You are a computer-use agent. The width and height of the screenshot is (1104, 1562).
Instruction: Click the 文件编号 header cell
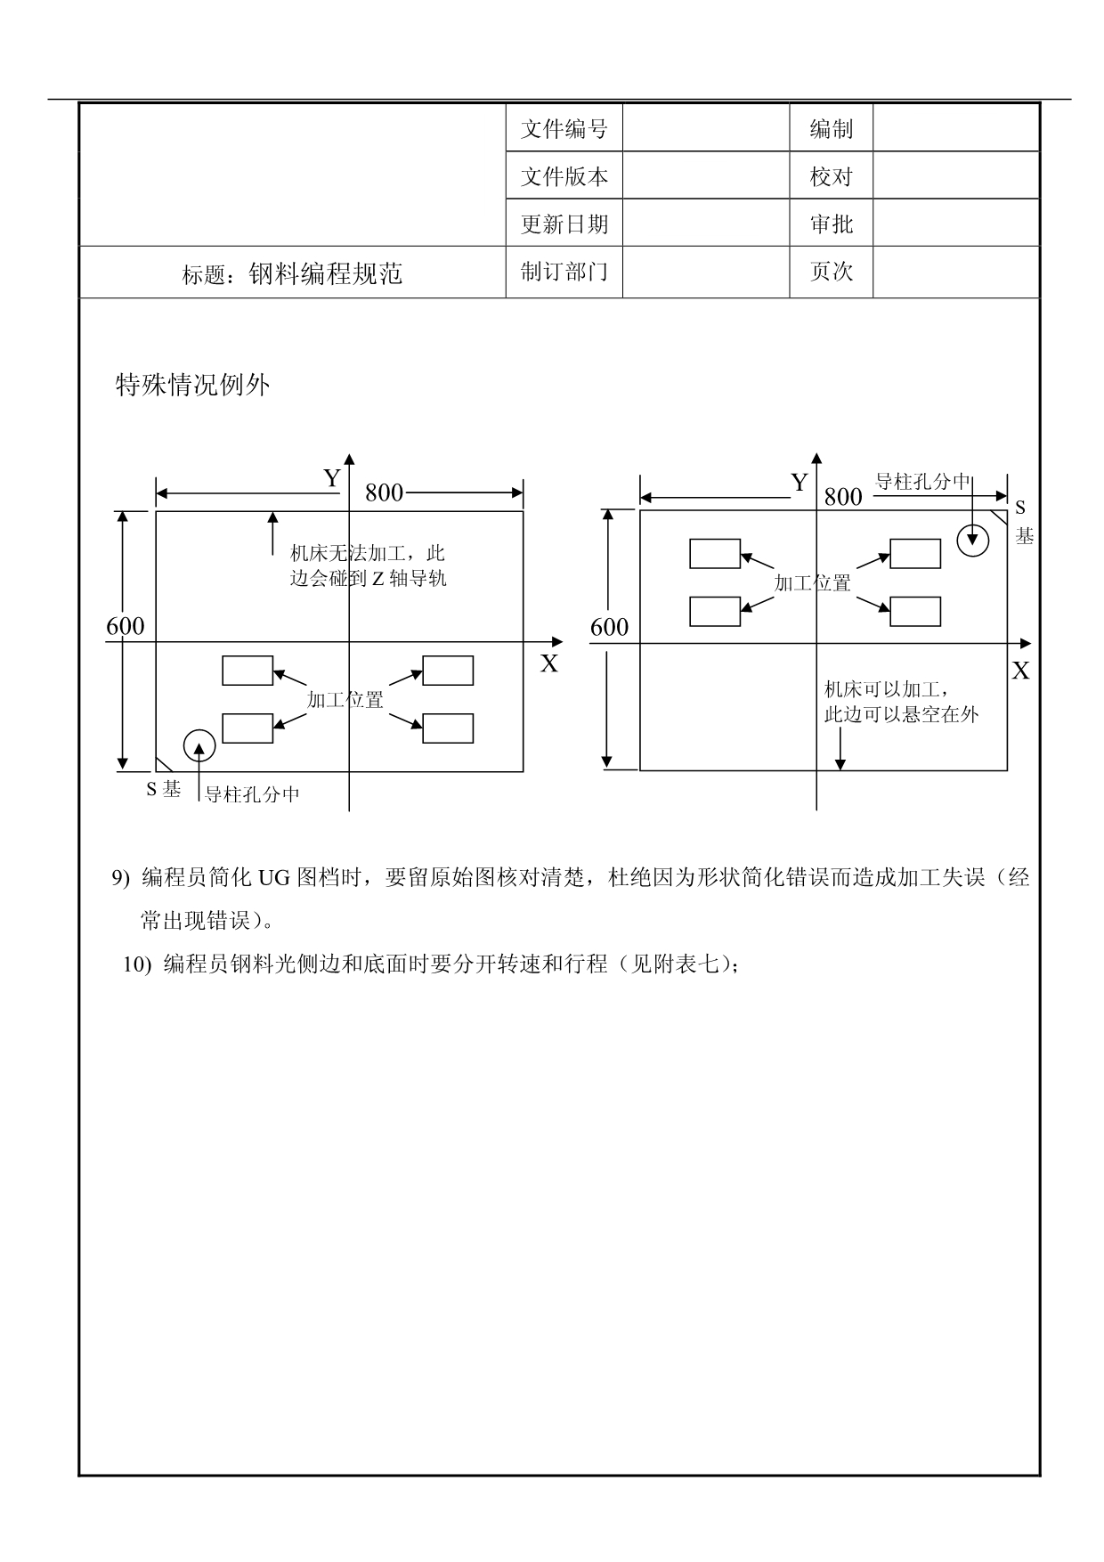coord(564,129)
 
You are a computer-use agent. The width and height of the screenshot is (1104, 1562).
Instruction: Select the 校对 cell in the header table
coord(831,177)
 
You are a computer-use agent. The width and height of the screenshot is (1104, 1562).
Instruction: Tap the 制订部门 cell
coord(564,272)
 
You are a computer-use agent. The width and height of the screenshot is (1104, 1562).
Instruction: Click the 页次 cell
coord(831,272)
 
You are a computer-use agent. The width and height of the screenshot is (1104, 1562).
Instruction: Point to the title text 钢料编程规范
coord(325,273)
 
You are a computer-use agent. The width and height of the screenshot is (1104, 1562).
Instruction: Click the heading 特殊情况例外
coord(192,386)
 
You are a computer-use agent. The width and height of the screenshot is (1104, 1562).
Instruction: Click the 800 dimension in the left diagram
coord(384,492)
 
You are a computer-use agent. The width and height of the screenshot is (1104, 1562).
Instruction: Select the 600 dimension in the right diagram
coord(609,628)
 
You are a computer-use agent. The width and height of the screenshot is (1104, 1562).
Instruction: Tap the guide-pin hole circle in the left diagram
coord(199,745)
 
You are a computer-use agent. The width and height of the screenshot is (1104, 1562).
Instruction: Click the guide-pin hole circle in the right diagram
coord(972,539)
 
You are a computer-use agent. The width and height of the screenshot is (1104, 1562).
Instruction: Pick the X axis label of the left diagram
coord(549,663)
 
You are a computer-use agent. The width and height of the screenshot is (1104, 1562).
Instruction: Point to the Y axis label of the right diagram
coord(799,483)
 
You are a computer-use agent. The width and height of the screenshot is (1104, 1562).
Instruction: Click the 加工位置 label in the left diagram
coord(345,700)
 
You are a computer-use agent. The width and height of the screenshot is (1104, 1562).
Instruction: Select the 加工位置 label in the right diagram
coord(812,583)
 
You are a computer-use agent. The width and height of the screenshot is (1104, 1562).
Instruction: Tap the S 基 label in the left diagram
coord(164,789)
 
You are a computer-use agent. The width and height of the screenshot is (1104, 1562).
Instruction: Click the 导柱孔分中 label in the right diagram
coord(922,482)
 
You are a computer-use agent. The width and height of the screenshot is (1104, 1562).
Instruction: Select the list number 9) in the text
coord(121,879)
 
